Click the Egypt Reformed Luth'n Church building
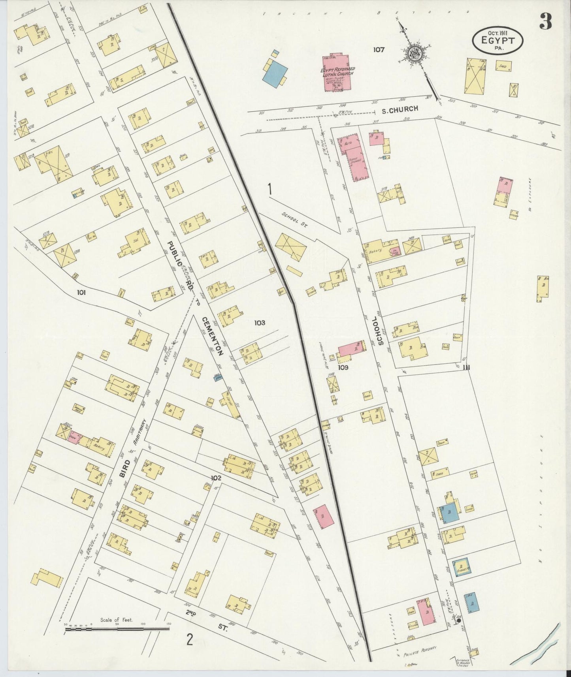pyautogui.click(x=337, y=73)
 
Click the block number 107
pyautogui.click(x=378, y=50)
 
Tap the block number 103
pyautogui.click(x=260, y=323)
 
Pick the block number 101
pyautogui.click(x=82, y=293)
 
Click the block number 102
pyautogui.click(x=216, y=478)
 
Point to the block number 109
pyautogui.click(x=343, y=367)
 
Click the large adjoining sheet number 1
pyautogui.click(x=270, y=189)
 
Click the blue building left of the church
pyautogui.click(x=275, y=73)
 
